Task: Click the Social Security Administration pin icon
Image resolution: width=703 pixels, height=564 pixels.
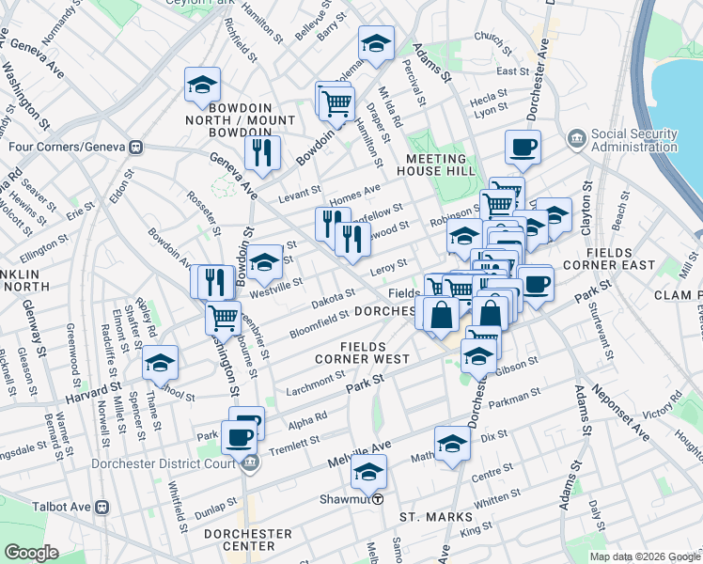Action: (576, 140)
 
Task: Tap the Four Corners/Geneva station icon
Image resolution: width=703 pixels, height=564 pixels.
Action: (136, 147)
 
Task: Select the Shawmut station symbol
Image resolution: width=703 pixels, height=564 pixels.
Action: (377, 499)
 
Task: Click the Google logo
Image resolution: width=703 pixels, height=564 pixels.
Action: (32, 553)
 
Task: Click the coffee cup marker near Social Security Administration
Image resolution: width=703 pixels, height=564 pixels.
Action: (523, 147)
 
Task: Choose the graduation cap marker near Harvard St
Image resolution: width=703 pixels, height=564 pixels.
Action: (160, 362)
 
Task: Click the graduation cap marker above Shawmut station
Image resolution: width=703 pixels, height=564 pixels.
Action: (369, 471)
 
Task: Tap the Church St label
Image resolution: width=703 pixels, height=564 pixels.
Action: (492, 37)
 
